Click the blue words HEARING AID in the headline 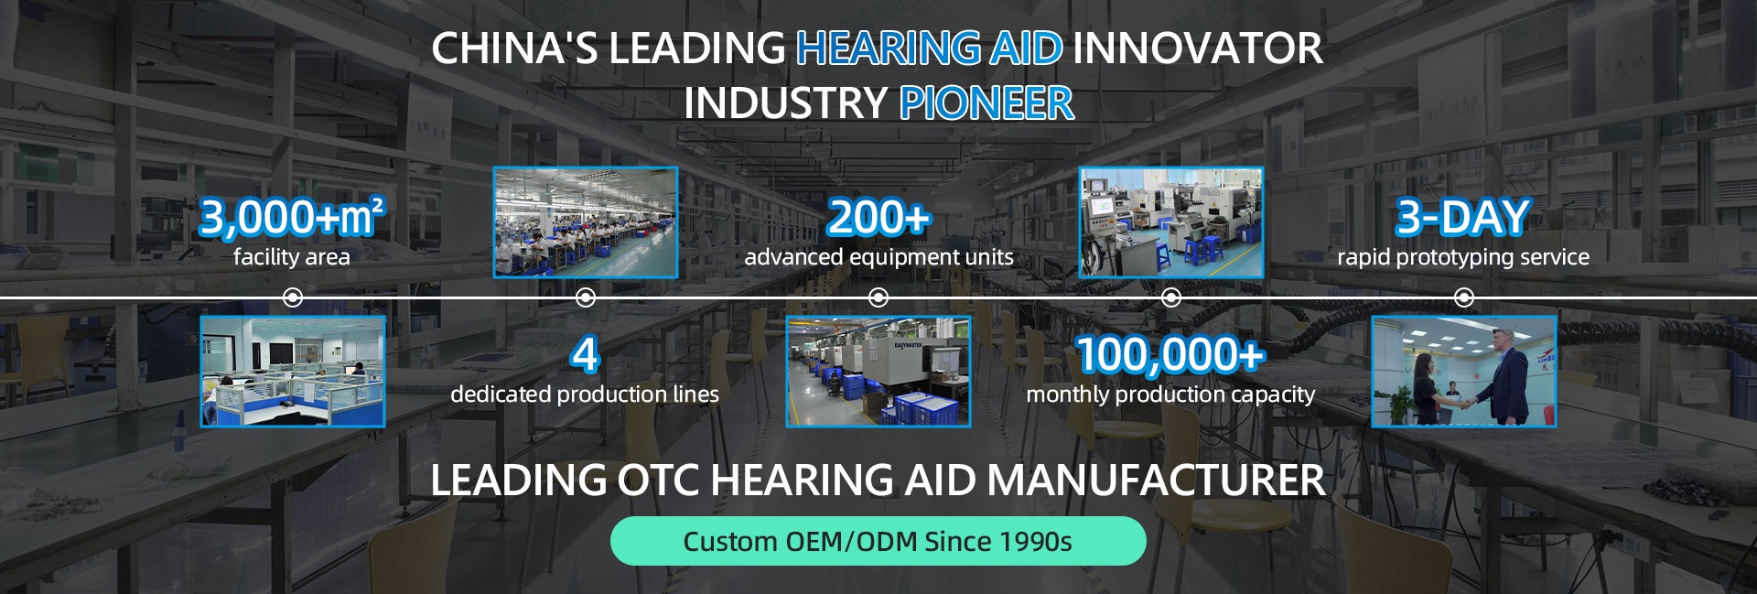pyautogui.click(x=929, y=49)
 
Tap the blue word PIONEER pyautogui.click(x=986, y=103)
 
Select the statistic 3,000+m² pyautogui.click(x=292, y=217)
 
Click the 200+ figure pyautogui.click(x=878, y=217)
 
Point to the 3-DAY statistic pyautogui.click(x=1462, y=217)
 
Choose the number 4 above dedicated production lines pyautogui.click(x=585, y=354)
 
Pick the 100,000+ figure pyautogui.click(x=1170, y=354)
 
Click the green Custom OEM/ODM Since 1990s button pyautogui.click(x=878, y=541)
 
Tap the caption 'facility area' pyautogui.click(x=292, y=257)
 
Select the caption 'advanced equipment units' pyautogui.click(x=878, y=257)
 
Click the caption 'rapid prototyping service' pyautogui.click(x=1462, y=257)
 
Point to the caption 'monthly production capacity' pyautogui.click(x=1170, y=394)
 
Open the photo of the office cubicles pyautogui.click(x=293, y=372)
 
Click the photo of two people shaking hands pyautogui.click(x=1463, y=372)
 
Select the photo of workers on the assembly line pyautogui.click(x=586, y=222)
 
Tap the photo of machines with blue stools pyautogui.click(x=1170, y=222)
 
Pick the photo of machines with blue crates pyautogui.click(x=878, y=372)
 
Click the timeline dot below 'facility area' pyautogui.click(x=293, y=297)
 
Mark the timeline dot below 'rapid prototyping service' pyautogui.click(x=1463, y=297)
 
